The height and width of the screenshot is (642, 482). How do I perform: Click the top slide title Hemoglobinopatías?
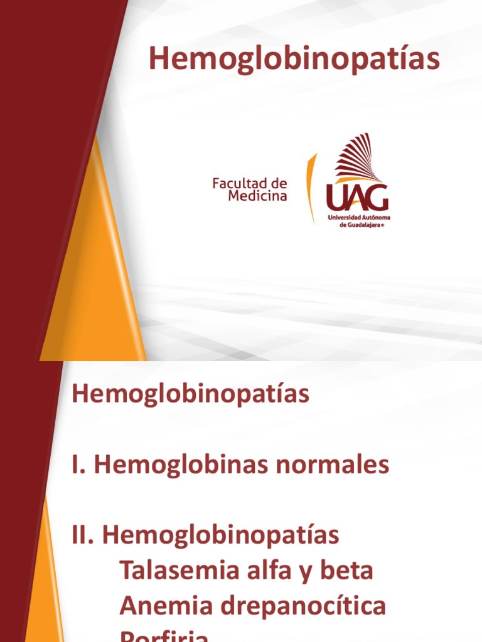[x=294, y=60]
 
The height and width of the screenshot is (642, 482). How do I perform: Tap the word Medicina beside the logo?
[x=257, y=196]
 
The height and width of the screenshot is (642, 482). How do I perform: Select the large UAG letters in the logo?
[x=357, y=197]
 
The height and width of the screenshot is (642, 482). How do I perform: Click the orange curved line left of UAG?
[x=309, y=188]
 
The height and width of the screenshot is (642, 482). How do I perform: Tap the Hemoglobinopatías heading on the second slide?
[x=191, y=395]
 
